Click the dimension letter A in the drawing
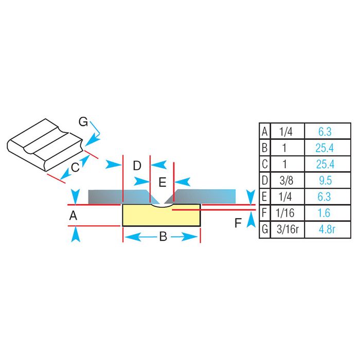point(74,217)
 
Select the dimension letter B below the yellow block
point(163,237)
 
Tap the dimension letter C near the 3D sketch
point(75,166)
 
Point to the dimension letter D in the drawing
point(137,166)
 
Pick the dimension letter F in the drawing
point(238,223)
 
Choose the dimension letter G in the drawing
point(83,122)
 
